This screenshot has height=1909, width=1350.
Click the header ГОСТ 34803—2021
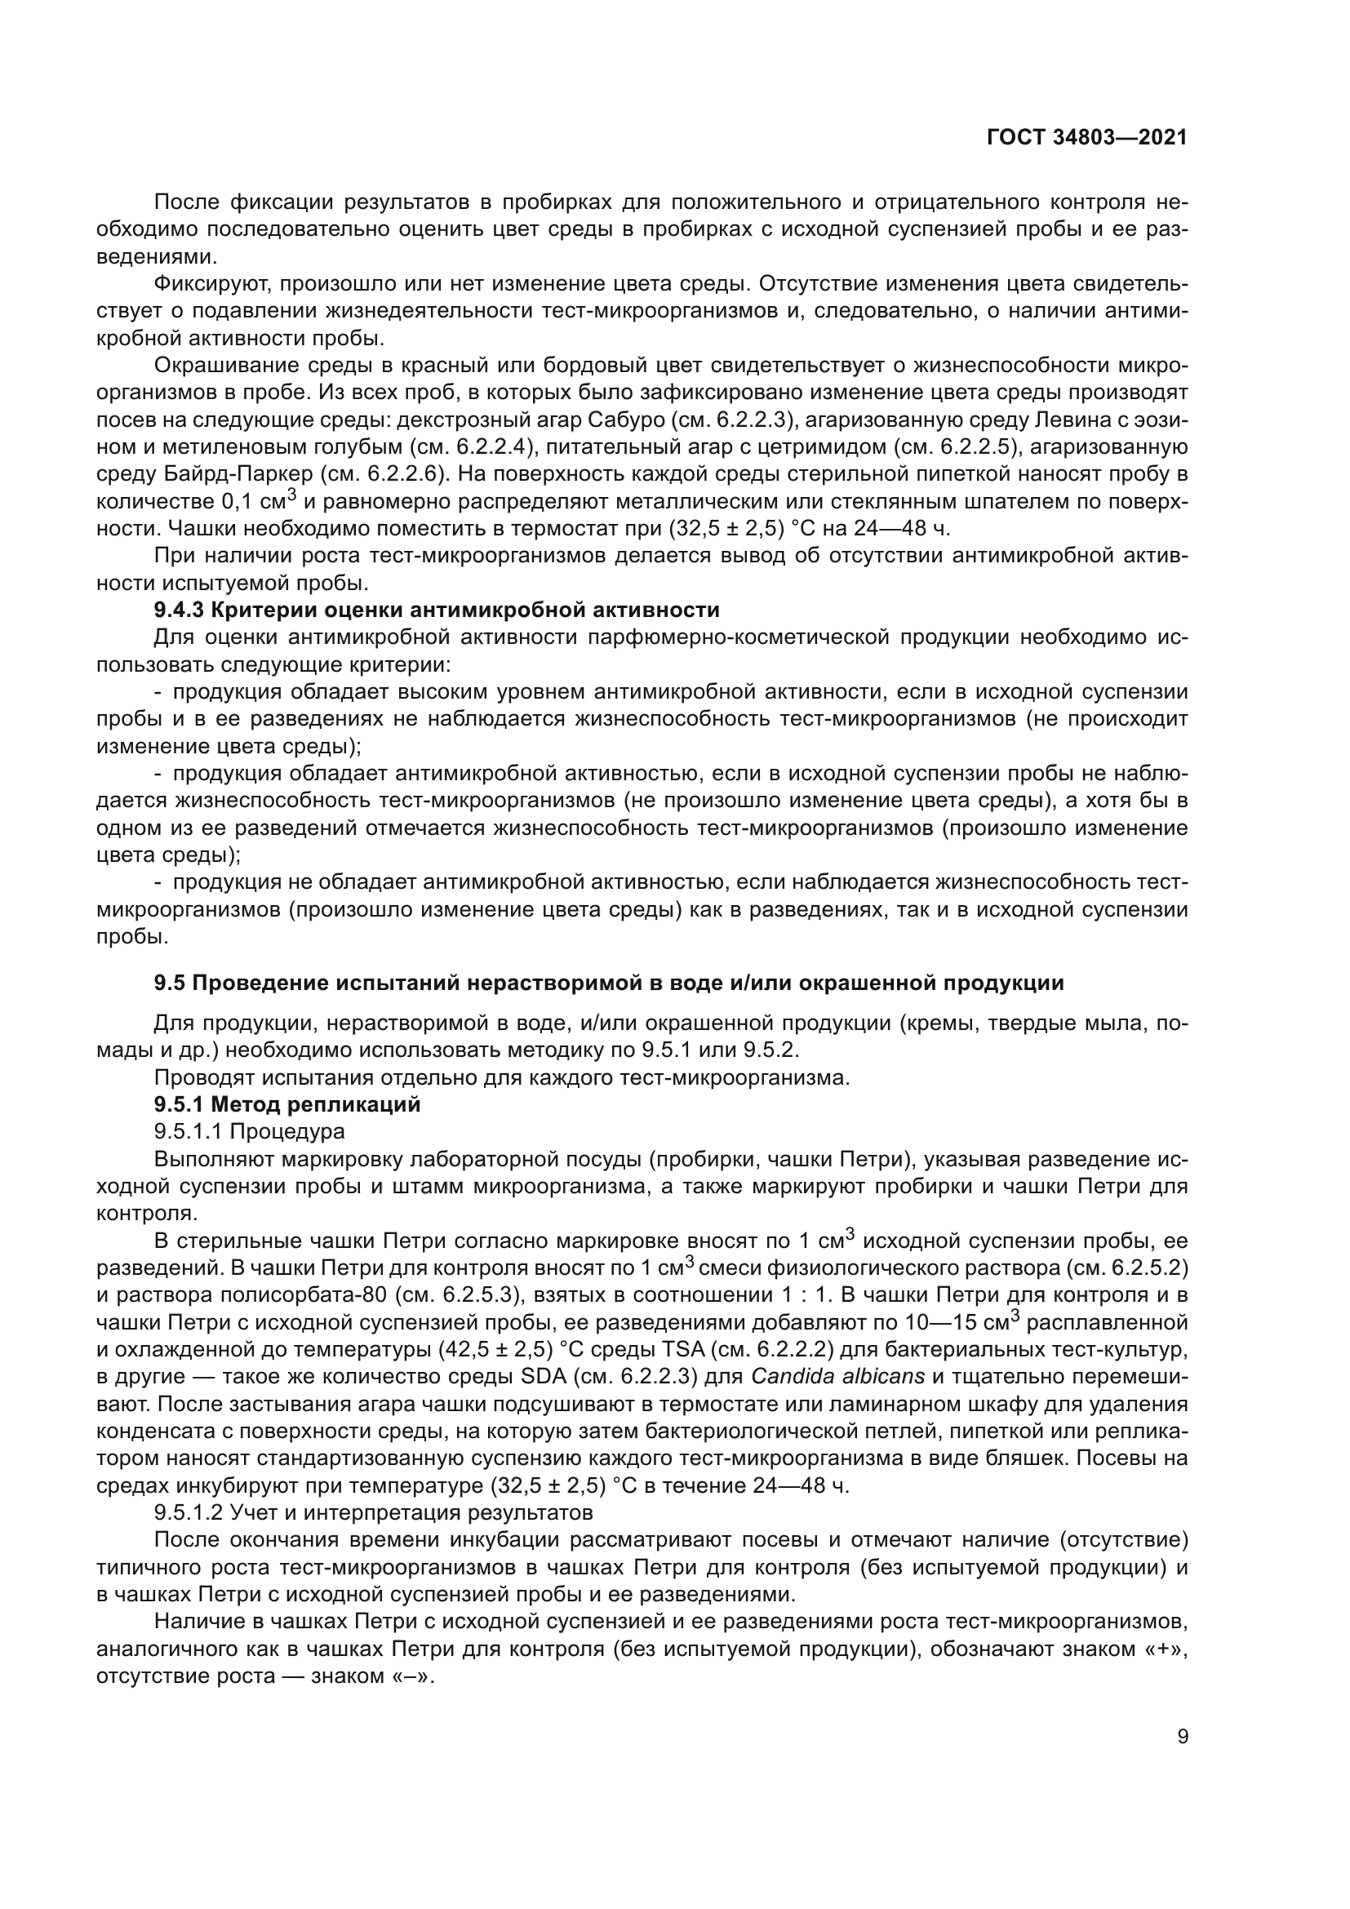click(x=1086, y=138)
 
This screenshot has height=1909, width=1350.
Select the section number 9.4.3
click(x=179, y=610)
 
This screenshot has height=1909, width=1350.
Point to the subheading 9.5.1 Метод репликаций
click(x=287, y=1104)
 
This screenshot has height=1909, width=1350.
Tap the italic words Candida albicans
click(x=838, y=1376)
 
